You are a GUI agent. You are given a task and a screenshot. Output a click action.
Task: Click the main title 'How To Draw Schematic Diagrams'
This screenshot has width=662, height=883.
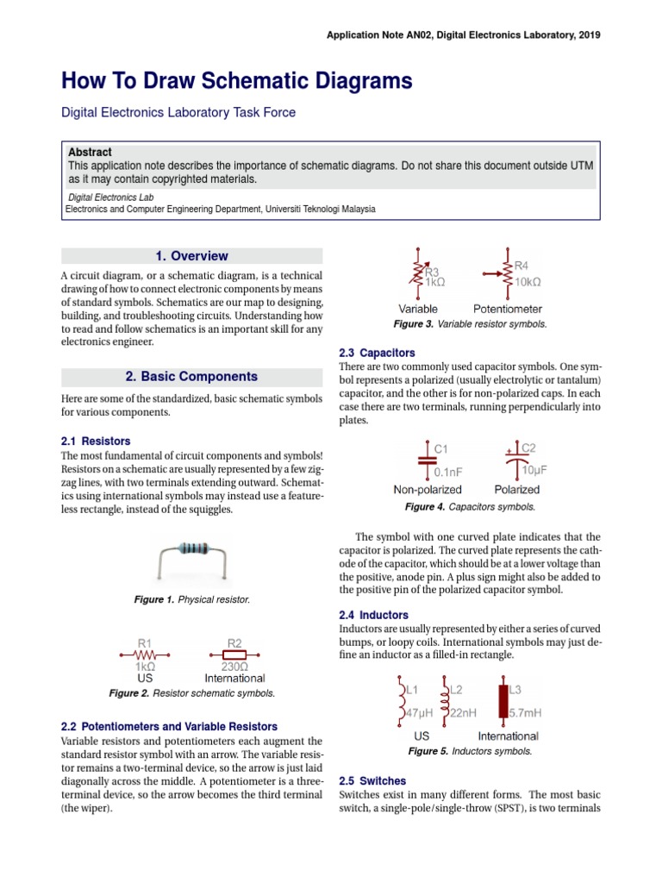click(x=236, y=82)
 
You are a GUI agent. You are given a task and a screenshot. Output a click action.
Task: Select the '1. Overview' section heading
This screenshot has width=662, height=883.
click(x=191, y=256)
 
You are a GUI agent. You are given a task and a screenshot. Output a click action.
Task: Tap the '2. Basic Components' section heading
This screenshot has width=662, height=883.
click(x=191, y=377)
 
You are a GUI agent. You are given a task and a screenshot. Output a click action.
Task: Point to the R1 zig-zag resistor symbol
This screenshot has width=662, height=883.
click(x=145, y=654)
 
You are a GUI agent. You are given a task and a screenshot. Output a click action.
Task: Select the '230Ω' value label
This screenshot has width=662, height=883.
click(x=234, y=667)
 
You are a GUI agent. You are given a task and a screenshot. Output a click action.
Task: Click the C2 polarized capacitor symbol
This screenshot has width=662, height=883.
click(x=516, y=460)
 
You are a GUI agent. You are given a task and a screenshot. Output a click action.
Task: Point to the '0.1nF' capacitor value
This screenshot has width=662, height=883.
click(x=450, y=472)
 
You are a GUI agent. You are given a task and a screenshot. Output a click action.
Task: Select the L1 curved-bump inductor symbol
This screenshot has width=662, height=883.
click(x=401, y=701)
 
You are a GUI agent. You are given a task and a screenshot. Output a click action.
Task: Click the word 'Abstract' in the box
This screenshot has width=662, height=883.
click(x=90, y=152)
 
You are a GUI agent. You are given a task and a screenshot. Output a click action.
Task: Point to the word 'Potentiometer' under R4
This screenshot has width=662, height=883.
click(x=508, y=308)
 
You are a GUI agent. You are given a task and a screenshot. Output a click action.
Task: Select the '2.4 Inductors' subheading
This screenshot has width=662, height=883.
click(x=374, y=615)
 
